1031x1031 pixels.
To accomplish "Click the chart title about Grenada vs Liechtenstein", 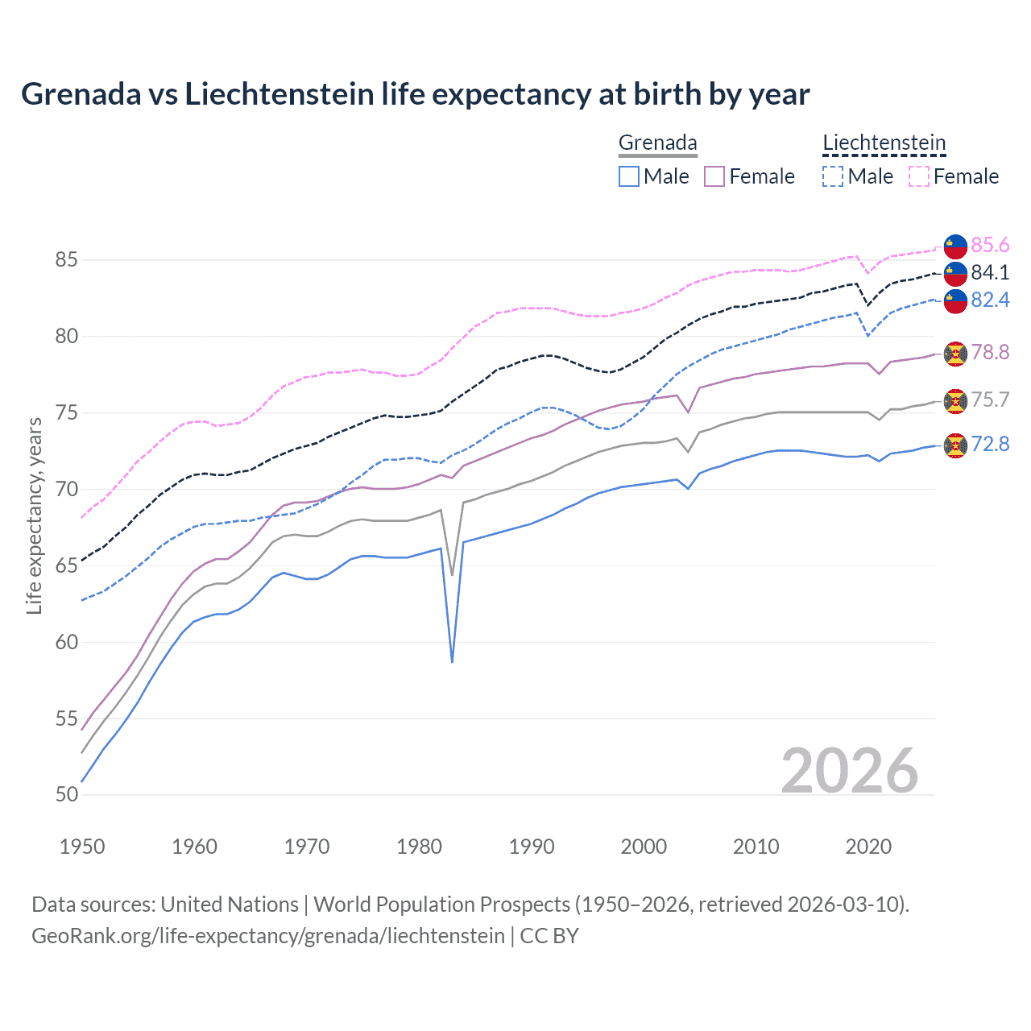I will pos(415,94).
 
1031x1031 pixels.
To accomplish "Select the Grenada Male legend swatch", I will pos(629,176).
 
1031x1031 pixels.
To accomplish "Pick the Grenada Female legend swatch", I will pos(714,176).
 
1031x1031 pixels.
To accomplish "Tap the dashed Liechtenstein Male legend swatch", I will pos(833,176).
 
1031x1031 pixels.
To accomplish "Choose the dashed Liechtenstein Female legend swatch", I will pos(919,176).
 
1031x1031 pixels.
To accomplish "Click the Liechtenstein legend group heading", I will pos(884,143).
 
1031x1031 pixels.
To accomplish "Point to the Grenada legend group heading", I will pos(657,143).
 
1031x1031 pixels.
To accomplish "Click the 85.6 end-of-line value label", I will pos(990,245).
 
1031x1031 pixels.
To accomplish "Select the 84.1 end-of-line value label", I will pos(990,272).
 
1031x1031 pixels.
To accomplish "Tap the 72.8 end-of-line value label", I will pos(990,444).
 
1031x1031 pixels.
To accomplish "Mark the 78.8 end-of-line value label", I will pos(990,352).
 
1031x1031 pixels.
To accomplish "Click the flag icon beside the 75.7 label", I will pos(955,400).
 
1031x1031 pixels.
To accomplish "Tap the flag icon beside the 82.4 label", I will pos(955,300).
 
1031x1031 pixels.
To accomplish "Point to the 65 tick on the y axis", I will pos(67,565).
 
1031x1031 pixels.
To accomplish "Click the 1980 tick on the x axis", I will pos(419,847).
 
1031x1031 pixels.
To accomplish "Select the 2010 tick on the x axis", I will pos(756,847).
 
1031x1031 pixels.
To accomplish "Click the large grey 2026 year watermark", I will pos(849,771).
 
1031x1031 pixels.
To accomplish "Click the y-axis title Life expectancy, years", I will pos(34,515).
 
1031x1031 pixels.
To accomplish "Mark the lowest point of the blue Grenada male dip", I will pos(452,661).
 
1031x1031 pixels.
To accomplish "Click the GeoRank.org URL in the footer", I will pos(267,936).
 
